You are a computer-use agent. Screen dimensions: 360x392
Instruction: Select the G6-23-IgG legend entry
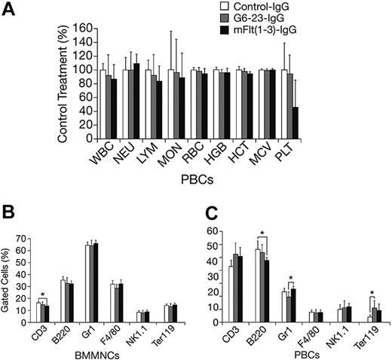(317, 20)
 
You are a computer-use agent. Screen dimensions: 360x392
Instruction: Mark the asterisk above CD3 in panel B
(44, 294)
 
